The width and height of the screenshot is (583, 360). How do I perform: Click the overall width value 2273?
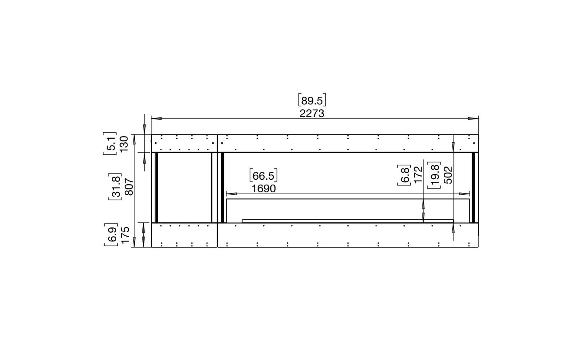pos(312,114)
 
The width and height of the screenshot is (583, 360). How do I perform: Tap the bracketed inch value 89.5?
pos(312,100)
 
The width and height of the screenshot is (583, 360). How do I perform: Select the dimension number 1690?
pos(263,189)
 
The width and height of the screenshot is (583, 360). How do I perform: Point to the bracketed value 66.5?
pos(263,176)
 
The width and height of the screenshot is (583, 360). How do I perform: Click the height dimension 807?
pos(130,187)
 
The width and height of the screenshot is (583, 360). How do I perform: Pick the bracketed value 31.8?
pos(115,187)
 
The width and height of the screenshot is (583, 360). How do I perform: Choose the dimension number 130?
pos(124,144)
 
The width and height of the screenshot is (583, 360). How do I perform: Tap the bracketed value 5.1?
pos(110,144)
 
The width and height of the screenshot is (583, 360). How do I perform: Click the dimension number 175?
pos(125,235)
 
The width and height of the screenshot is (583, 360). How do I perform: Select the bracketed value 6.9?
pos(111,235)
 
